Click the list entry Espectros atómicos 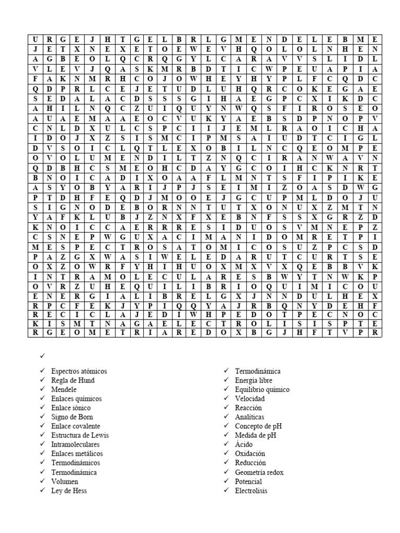pos(79,371)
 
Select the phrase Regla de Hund pos(72,380)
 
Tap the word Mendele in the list pos(64,389)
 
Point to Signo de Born pos(72,417)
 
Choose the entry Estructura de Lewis pos(80,435)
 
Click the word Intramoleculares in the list pos(75,445)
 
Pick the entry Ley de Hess pos(69,490)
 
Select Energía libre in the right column pos(254,380)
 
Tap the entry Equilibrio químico pos(262,389)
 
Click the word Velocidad pos(250,399)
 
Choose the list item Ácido pos(244,445)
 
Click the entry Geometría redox pos(259,472)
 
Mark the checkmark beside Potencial pos(226,481)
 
